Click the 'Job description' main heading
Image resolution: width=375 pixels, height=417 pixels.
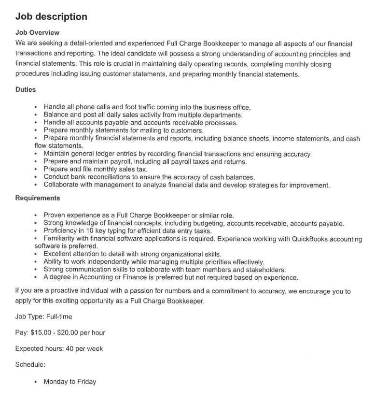point(51,17)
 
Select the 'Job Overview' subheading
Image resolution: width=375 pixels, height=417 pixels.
point(37,32)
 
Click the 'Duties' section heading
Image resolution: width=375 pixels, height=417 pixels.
point(26,89)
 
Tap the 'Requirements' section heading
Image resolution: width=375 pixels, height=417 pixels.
point(38,198)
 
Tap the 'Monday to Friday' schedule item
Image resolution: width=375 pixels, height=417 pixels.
point(70,382)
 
